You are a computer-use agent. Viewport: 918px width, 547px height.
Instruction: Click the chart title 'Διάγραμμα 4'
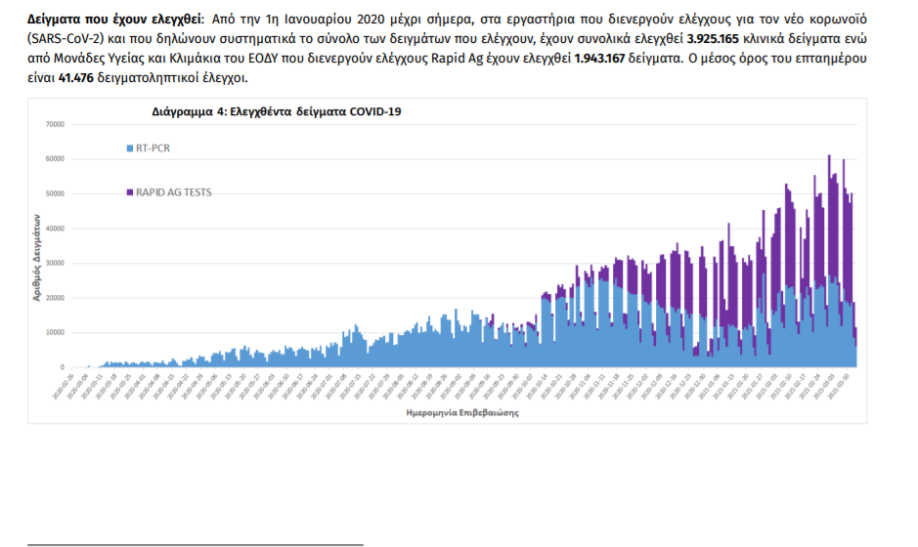(x=277, y=111)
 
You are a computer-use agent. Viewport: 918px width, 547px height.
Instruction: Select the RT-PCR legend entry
(x=158, y=147)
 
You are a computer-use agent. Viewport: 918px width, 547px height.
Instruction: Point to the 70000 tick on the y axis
(x=54, y=124)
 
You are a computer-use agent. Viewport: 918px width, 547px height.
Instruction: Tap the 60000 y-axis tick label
(x=54, y=159)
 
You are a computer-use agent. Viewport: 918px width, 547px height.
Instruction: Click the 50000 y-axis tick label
(x=54, y=193)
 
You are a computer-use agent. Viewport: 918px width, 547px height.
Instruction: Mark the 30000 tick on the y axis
(x=54, y=263)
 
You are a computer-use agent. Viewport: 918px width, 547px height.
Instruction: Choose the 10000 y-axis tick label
(x=54, y=332)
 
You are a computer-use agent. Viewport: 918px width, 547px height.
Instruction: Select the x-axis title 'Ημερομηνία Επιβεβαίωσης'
(x=461, y=412)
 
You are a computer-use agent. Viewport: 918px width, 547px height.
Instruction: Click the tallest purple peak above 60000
(x=829, y=157)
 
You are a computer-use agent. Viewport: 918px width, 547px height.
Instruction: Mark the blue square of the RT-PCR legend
(x=130, y=148)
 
